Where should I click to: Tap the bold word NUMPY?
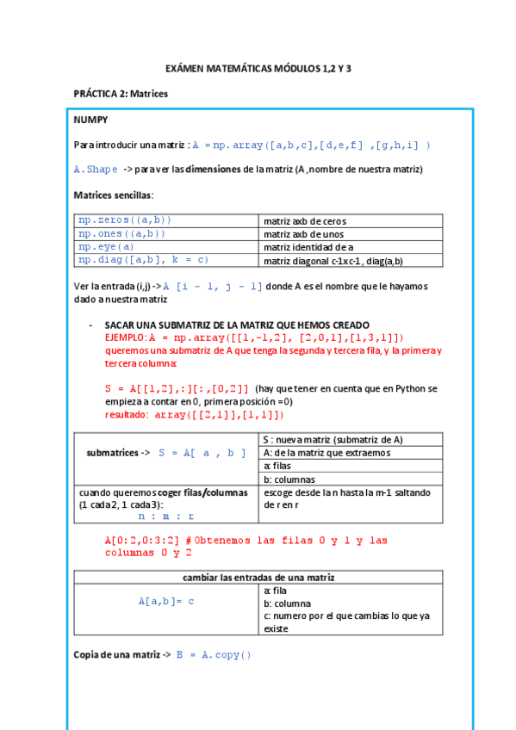90,120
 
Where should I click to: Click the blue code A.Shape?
96,170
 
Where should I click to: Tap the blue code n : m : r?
166,517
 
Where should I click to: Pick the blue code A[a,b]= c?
166,602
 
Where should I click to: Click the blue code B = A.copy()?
214,654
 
